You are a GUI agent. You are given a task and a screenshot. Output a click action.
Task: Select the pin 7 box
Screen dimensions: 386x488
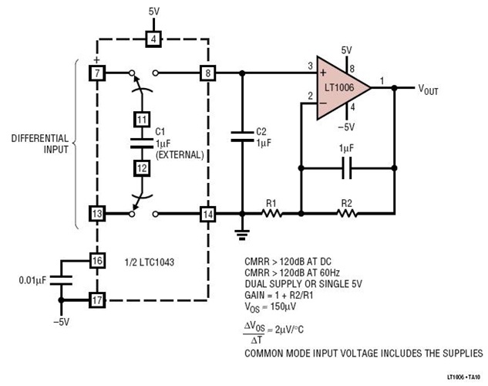point(96,73)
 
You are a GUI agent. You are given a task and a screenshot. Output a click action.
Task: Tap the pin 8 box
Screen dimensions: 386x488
point(207,73)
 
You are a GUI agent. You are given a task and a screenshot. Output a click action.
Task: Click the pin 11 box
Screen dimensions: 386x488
point(141,120)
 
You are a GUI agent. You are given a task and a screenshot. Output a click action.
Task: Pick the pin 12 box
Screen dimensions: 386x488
point(141,167)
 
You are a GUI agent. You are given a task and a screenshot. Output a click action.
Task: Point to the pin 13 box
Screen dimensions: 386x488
point(96,214)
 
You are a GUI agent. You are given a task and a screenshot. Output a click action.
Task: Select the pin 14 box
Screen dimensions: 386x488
point(207,214)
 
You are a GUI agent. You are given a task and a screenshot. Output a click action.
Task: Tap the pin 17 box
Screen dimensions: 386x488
point(96,298)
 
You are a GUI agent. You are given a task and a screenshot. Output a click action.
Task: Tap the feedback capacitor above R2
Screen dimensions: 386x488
point(346,166)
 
